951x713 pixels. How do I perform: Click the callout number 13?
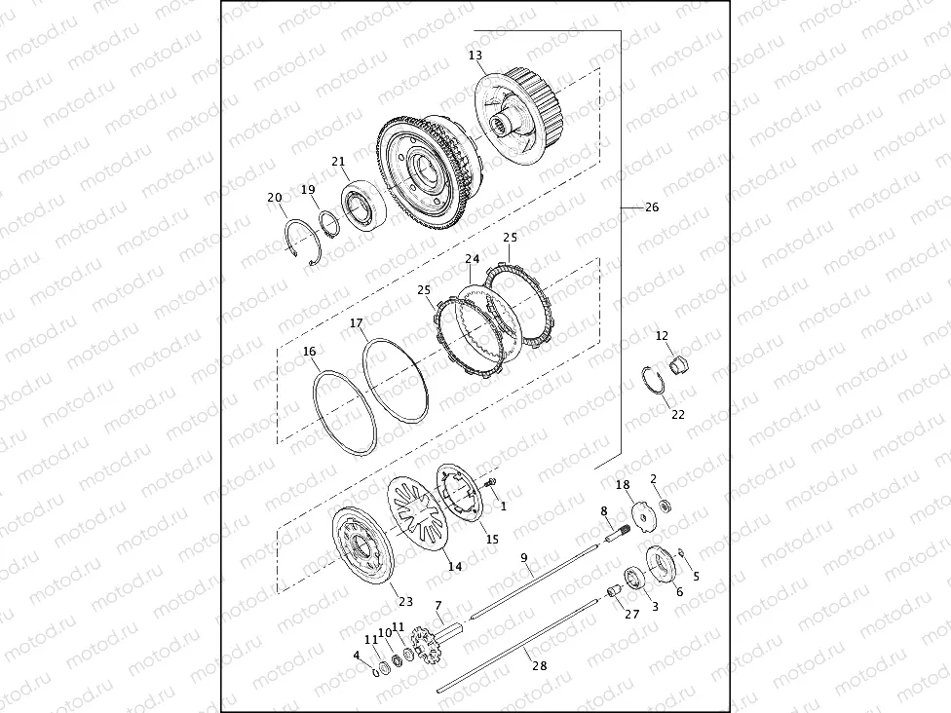tap(475, 56)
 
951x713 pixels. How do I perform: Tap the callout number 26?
tap(652, 207)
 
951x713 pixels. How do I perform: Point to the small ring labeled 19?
tap(330, 223)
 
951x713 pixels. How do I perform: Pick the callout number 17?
tap(357, 322)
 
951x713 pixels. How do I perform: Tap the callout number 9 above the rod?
tap(523, 558)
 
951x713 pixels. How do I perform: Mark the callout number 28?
tap(534, 665)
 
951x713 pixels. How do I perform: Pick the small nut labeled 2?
tap(664, 506)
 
